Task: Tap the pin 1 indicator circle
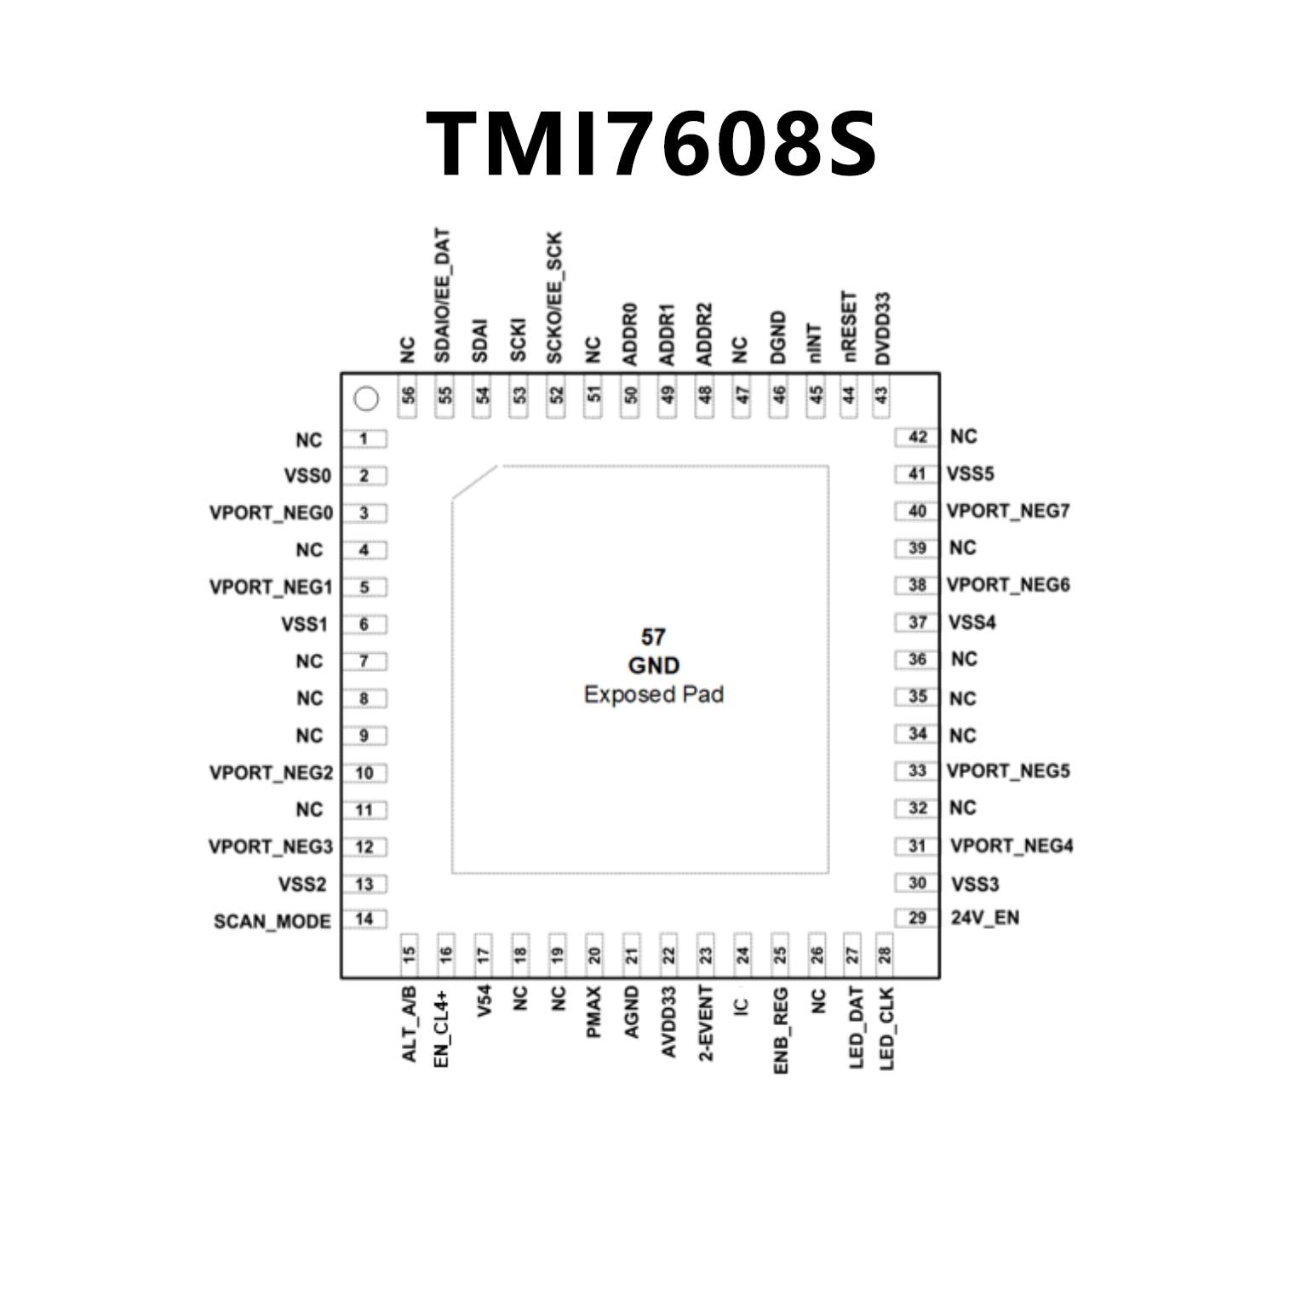pos(365,398)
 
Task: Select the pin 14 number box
pos(364,919)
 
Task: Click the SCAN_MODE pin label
pos(272,921)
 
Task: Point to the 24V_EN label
pos(984,918)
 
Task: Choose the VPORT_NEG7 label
pos(1007,511)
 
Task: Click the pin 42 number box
pos(917,437)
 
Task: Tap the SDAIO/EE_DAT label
pos(443,295)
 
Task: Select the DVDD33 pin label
pos(883,329)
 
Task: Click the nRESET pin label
pos(848,329)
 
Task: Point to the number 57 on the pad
pos(653,637)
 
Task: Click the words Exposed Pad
pos(653,695)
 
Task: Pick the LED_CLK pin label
pos(887,1028)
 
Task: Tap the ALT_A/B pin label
pos(409,1023)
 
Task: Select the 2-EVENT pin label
pos(706,1023)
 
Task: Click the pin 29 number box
pos(917,918)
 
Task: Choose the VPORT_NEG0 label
pos(271,513)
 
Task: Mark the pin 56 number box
pos(409,396)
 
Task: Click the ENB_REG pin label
pos(781,1029)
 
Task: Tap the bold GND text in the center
pos(653,666)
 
